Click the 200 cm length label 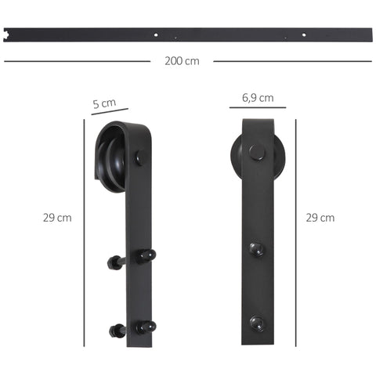[x=182, y=61]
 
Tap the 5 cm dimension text [x=104, y=103]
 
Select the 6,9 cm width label [x=258, y=98]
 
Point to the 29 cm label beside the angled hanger [x=57, y=218]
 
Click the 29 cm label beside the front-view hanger [x=320, y=218]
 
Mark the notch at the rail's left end [x=8, y=34]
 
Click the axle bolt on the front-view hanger [x=257, y=153]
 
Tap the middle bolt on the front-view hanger [x=256, y=249]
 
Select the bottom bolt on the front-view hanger [x=256, y=321]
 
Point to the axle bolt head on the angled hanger [x=140, y=157]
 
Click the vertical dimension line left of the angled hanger [x=84, y=235]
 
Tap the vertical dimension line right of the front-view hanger [x=296, y=235]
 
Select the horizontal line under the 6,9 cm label [x=258, y=109]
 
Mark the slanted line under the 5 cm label [x=109, y=112]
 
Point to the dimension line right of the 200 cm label [x=290, y=60]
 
